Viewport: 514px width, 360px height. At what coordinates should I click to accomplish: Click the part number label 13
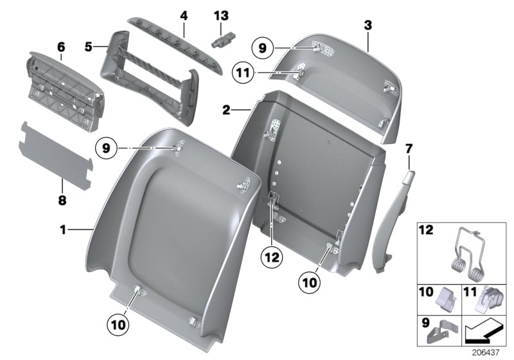220,14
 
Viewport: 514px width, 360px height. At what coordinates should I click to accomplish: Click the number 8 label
62,201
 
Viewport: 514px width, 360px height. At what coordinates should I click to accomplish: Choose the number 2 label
226,110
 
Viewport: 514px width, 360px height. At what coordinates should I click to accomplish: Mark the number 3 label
368,25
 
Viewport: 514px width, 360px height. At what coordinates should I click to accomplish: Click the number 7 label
409,150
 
